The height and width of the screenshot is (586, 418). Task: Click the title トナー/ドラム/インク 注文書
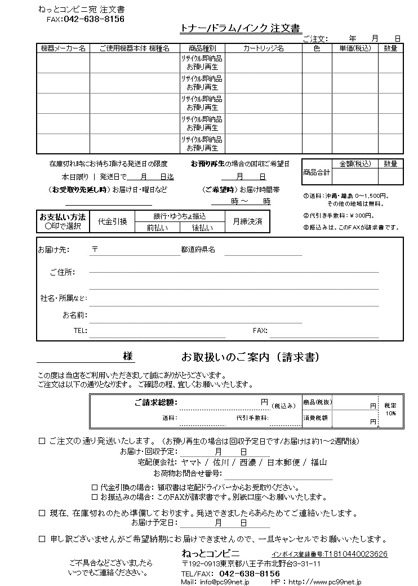[x=240, y=28]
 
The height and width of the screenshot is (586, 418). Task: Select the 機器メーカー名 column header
[x=63, y=48]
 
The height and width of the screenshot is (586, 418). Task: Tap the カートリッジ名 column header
[x=263, y=48]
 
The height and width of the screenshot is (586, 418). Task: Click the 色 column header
[x=317, y=48]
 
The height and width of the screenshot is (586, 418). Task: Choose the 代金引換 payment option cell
[x=113, y=221]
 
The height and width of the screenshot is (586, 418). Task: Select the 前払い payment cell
[x=156, y=228]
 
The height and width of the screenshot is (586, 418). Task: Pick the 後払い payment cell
[x=202, y=228]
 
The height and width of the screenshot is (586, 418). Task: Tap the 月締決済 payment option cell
[x=247, y=221]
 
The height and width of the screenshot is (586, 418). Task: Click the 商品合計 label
[x=317, y=172]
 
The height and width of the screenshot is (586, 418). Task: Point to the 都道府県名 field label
[x=198, y=249]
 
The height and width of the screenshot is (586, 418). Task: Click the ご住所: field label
[x=62, y=272]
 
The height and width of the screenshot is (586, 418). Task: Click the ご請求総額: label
[x=155, y=402]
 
